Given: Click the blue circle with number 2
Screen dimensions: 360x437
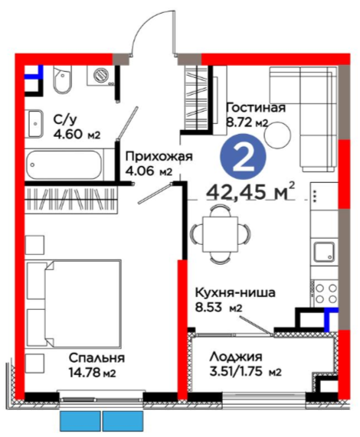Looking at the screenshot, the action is pos(243,157).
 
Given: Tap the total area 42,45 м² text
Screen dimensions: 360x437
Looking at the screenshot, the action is pos(250,191).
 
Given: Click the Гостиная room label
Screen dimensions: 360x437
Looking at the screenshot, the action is pos(256,108).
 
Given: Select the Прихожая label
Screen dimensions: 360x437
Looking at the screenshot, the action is pos(159,157).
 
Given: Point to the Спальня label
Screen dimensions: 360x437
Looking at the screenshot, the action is pos(97,358).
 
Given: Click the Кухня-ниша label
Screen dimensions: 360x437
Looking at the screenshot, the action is pos(235,293).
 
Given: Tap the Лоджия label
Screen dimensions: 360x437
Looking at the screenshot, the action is pos(236,357).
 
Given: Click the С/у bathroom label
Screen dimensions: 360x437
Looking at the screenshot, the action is pos(65,120).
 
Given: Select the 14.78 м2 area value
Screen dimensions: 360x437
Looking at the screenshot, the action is pos(92,373).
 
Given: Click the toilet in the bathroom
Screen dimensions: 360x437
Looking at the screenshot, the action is pos(62,80).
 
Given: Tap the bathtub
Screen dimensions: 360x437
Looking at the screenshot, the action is pos(64,165).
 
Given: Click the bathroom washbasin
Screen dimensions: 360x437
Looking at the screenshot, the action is pos(34,124).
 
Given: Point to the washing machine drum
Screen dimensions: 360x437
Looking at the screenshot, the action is pos(100,75).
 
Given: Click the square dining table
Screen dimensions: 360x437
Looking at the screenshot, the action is pos(221,235).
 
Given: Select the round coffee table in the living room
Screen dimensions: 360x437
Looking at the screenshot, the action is pos(278,135).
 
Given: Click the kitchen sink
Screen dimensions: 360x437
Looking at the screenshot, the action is pos(324,252).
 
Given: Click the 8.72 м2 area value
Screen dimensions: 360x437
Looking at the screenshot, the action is pos(247,122).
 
